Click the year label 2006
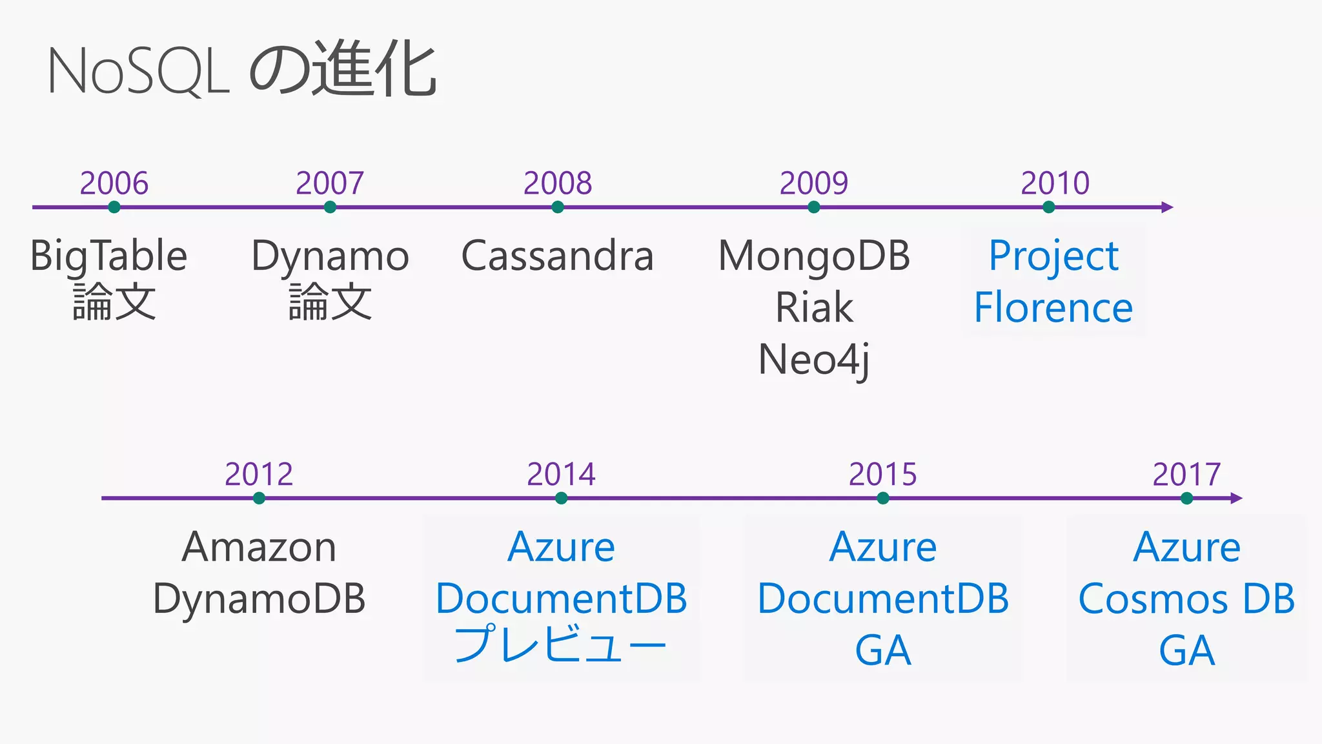click(x=114, y=183)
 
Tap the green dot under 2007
click(x=330, y=207)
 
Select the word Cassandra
click(x=557, y=256)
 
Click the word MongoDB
click(x=814, y=256)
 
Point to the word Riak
click(x=814, y=307)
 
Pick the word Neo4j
click(x=814, y=360)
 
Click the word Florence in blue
click(x=1053, y=307)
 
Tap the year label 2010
click(x=1055, y=183)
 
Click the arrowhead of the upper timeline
click(x=1167, y=207)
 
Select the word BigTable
click(x=108, y=256)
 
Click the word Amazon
click(x=259, y=547)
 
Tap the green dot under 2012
click(x=259, y=498)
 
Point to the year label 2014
click(x=561, y=474)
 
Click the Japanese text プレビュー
click(x=560, y=645)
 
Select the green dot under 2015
click(x=883, y=498)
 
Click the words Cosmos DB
click(x=1186, y=599)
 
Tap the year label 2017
click(x=1186, y=474)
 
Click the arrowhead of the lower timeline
click(x=1236, y=498)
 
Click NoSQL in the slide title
click(x=138, y=72)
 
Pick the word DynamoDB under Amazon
click(x=259, y=599)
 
